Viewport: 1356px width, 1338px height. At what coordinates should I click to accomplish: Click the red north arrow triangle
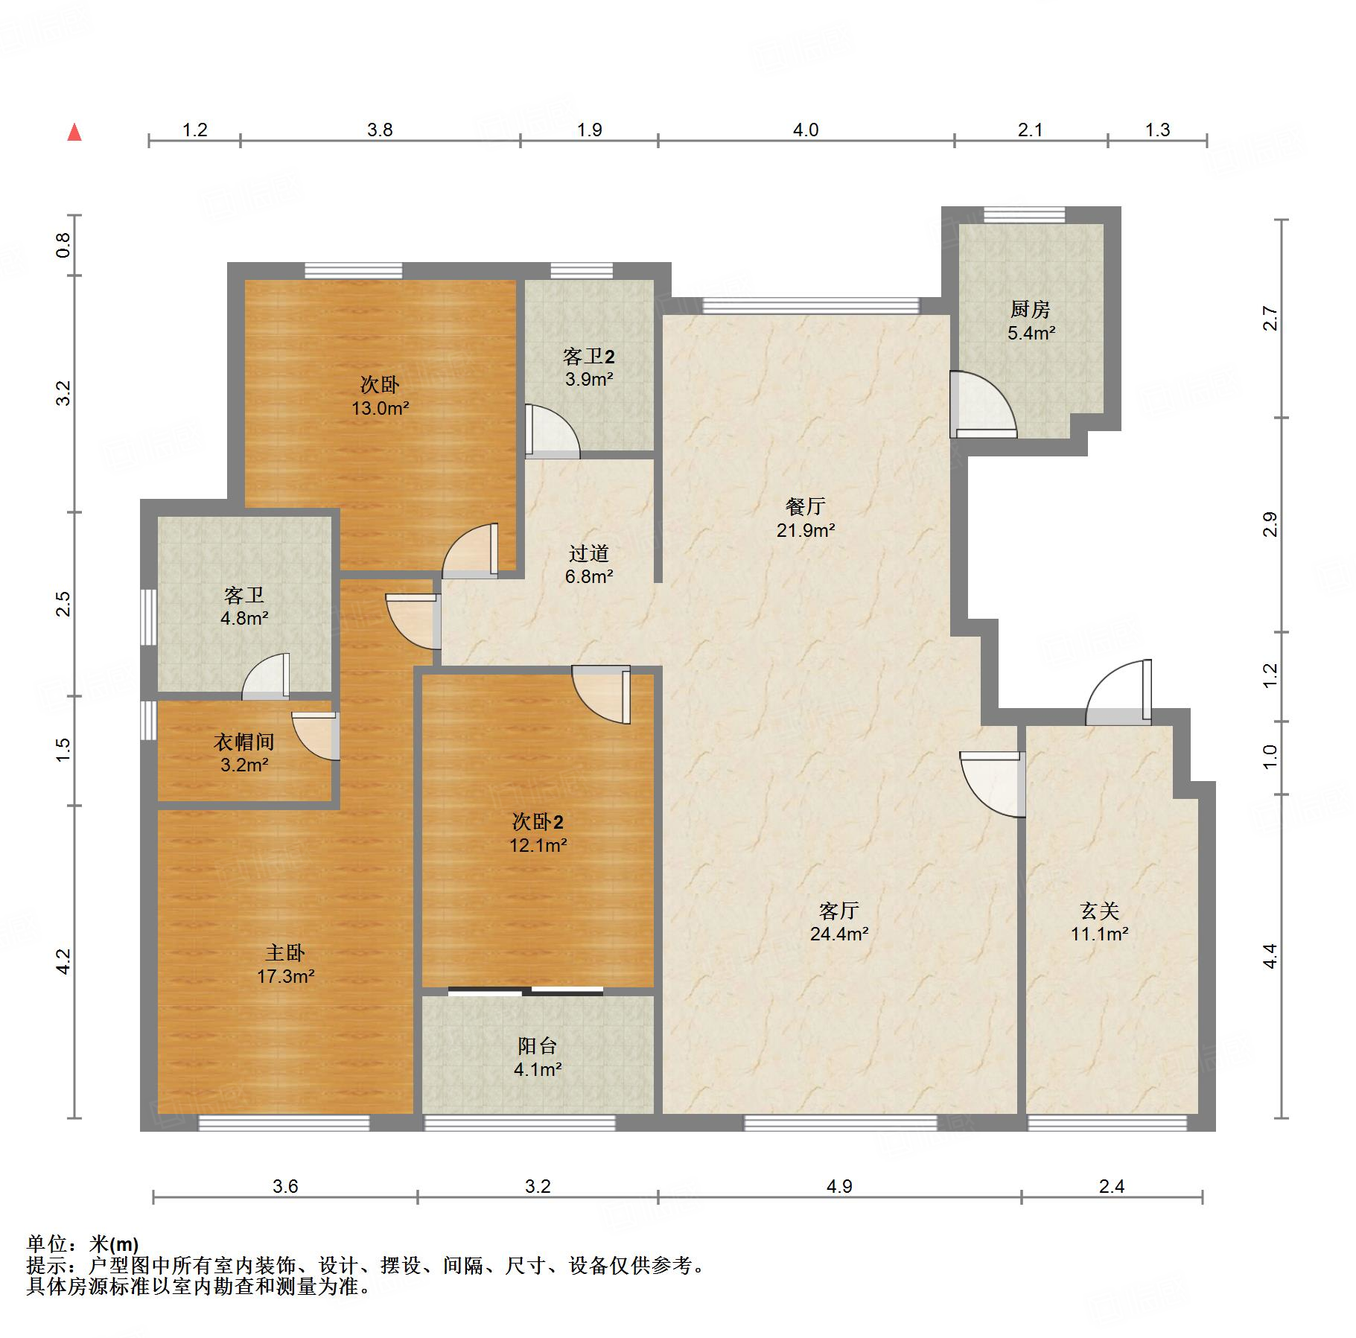pos(74,133)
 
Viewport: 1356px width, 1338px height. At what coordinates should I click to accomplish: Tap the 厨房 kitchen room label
pos(1031,309)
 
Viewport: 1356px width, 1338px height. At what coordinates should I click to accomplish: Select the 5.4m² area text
pos(1031,333)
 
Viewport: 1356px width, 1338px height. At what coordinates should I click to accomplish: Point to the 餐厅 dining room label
pos(806,506)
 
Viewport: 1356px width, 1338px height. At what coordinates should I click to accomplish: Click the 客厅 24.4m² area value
pos(839,934)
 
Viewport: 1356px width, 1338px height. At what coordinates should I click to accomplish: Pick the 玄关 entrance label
pos(1100,910)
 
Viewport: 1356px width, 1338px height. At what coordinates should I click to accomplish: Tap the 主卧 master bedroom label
pos(285,952)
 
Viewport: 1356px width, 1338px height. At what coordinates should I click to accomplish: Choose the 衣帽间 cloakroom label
pos(244,742)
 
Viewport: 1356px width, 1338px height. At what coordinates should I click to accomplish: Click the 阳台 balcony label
pos(538,1045)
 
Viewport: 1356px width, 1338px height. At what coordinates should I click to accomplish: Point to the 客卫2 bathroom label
pos(588,356)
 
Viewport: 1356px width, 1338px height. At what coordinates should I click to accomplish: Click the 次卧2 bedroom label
pos(538,821)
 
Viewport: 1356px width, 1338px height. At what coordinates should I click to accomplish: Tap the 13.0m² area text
pos(381,408)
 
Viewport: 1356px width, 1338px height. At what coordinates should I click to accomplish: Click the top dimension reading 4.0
pos(806,130)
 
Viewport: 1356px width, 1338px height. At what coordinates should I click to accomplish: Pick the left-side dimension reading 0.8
pos(64,245)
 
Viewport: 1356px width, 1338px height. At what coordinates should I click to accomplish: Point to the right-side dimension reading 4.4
pos(1270,956)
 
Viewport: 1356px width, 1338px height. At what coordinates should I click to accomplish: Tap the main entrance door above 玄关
pos(1118,692)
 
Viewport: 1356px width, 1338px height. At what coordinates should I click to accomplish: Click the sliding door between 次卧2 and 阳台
pos(526,991)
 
